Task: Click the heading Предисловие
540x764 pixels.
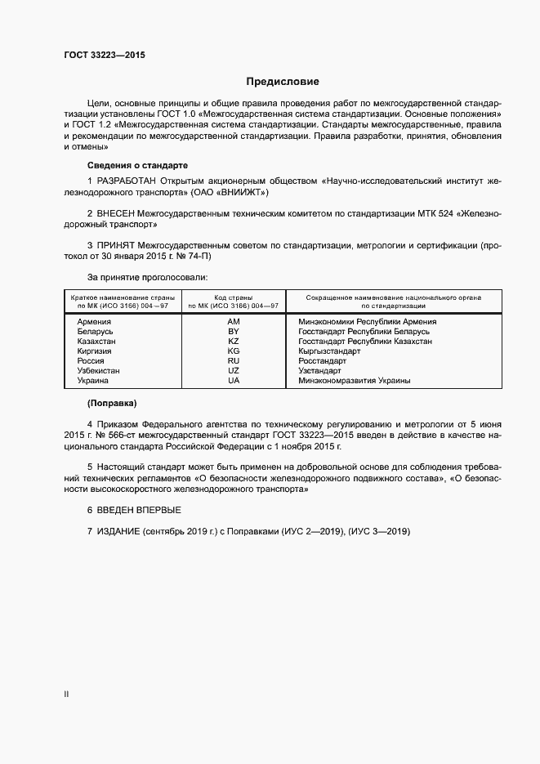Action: [283, 82]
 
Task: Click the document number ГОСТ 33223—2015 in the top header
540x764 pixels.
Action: [105, 56]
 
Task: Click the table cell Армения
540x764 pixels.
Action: [95, 322]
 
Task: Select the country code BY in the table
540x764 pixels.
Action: [234, 332]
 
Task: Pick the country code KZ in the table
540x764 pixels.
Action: [234, 342]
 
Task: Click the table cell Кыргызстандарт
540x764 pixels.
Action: [330, 351]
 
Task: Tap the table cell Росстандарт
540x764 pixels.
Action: [323, 361]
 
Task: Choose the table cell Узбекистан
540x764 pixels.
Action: [99, 371]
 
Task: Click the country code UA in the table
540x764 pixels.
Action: [234, 381]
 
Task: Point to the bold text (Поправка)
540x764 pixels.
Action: [112, 404]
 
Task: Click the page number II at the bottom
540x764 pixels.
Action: [66, 695]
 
